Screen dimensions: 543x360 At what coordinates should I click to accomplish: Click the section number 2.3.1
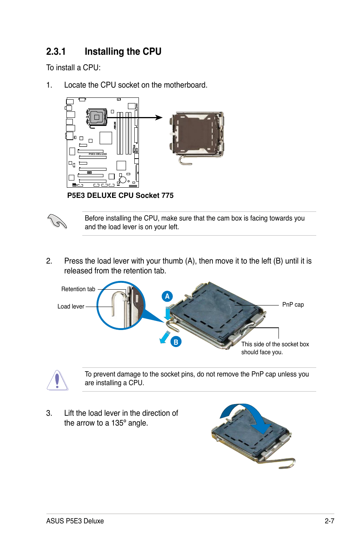pyautogui.click(x=56, y=52)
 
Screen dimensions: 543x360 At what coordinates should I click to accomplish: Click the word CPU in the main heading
pyautogui.click(x=152, y=52)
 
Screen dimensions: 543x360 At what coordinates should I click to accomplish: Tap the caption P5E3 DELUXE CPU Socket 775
pyautogui.click(x=120, y=195)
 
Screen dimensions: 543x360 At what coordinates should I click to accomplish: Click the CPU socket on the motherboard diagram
pyautogui.click(x=97, y=117)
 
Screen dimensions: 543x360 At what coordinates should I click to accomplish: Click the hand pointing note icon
pyautogui.click(x=57, y=221)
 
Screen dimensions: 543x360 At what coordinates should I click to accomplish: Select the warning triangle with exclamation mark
pyautogui.click(x=57, y=380)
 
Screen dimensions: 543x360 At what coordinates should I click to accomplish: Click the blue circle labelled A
pyautogui.click(x=167, y=296)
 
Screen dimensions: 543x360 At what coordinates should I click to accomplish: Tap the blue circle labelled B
pyautogui.click(x=175, y=342)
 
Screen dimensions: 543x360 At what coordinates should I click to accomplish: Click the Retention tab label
pyautogui.click(x=78, y=289)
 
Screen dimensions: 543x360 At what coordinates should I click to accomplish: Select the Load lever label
pyautogui.click(x=71, y=307)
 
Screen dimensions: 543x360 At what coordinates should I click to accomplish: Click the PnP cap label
pyautogui.click(x=293, y=305)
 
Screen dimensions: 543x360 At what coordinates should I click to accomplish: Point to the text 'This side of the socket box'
pyautogui.click(x=275, y=344)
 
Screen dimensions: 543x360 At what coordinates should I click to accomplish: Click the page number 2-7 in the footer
pyautogui.click(x=329, y=521)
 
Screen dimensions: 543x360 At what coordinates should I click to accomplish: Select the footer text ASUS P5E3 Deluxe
pyautogui.click(x=75, y=521)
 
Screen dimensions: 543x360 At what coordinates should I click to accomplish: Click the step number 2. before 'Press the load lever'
pyautogui.click(x=49, y=261)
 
